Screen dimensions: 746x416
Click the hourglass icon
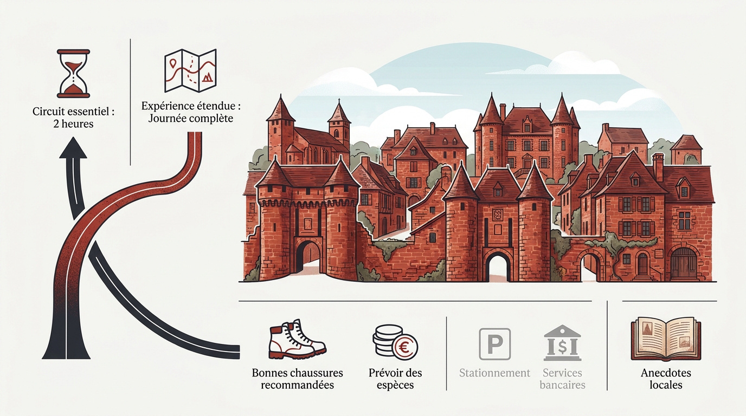73,74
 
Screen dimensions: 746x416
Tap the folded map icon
190,70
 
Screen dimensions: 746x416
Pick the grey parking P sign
495,344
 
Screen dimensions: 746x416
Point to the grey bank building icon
562,343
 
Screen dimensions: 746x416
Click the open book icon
666,339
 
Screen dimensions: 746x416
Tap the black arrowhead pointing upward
73,148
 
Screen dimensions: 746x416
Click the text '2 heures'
73,124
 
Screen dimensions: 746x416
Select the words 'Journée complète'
190,119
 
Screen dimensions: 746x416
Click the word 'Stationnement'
494,373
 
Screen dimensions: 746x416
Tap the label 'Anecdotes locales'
666,379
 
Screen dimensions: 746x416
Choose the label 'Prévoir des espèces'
395,379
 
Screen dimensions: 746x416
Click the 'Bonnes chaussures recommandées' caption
298,379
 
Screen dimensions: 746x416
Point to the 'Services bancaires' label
562,379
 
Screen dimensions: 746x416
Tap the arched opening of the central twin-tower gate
498,266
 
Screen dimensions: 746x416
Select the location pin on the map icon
173,63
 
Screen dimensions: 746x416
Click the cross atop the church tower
339,101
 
